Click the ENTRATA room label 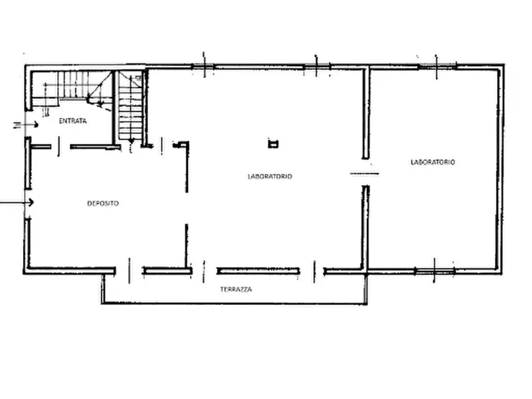click(x=73, y=121)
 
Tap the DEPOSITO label click(x=103, y=204)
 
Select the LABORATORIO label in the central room click(x=270, y=176)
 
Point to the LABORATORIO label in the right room click(x=433, y=162)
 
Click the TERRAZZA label click(x=236, y=289)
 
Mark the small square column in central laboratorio click(x=273, y=144)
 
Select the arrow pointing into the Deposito click(x=17, y=202)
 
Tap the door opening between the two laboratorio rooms click(x=365, y=173)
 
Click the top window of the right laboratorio click(x=437, y=67)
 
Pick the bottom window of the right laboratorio click(x=435, y=271)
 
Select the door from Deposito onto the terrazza click(x=129, y=271)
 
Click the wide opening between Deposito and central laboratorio click(x=186, y=208)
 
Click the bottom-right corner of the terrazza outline click(x=366, y=303)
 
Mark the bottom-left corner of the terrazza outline click(x=102, y=303)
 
